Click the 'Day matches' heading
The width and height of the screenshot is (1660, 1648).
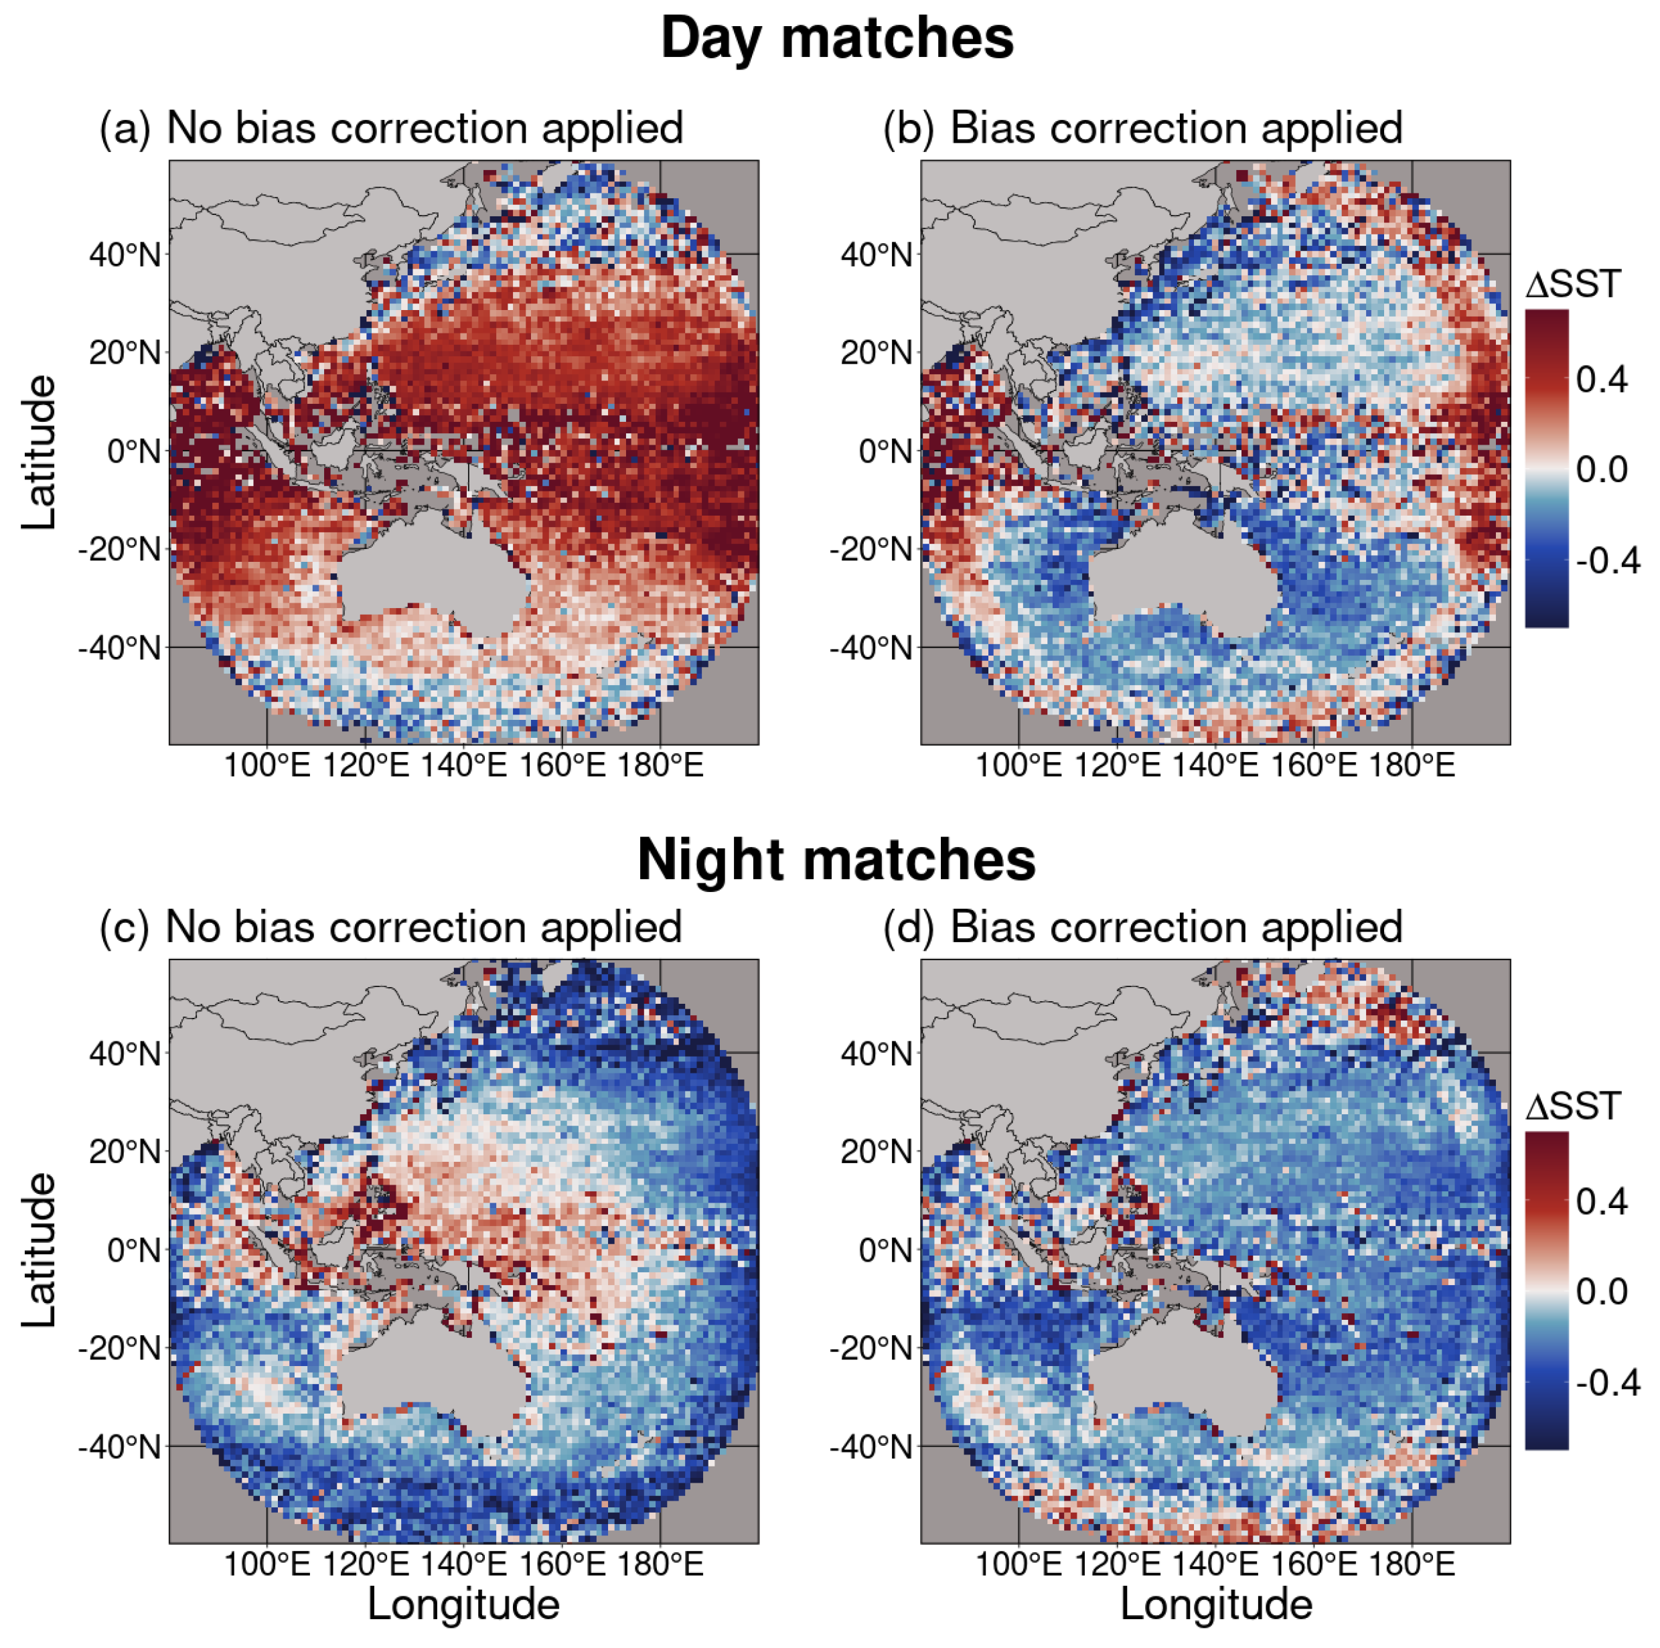pyautogui.click(x=837, y=39)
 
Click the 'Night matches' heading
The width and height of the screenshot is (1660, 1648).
pyautogui.click(x=837, y=859)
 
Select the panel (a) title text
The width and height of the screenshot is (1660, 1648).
pyautogui.click(x=391, y=129)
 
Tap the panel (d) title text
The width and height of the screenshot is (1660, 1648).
pyautogui.click(x=1143, y=928)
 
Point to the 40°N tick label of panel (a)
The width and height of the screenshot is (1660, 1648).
pyautogui.click(x=125, y=255)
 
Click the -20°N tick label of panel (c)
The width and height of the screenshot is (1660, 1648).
pyautogui.click(x=119, y=1348)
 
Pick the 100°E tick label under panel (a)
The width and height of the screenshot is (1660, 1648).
pyautogui.click(x=267, y=765)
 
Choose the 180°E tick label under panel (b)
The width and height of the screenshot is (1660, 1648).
pyautogui.click(x=1412, y=765)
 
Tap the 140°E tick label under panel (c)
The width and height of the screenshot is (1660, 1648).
pyautogui.click(x=463, y=1564)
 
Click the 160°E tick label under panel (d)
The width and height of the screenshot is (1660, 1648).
pyautogui.click(x=1314, y=1564)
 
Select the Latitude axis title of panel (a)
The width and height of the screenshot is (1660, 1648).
pyautogui.click(x=39, y=452)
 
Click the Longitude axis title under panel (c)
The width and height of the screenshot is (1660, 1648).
pyautogui.click(x=463, y=1605)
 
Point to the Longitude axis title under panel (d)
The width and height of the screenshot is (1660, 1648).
pyautogui.click(x=1216, y=1605)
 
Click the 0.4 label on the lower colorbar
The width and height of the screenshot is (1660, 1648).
pyautogui.click(x=1602, y=1201)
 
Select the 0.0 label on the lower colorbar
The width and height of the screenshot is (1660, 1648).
pyautogui.click(x=1602, y=1292)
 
